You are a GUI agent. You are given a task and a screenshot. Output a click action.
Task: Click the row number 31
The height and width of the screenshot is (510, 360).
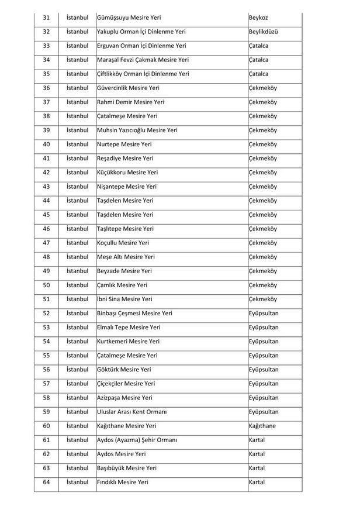(47, 18)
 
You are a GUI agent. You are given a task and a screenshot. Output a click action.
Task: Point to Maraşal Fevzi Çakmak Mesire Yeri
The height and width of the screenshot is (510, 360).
(143, 60)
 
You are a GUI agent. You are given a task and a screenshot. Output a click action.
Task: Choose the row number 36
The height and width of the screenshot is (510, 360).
(47, 88)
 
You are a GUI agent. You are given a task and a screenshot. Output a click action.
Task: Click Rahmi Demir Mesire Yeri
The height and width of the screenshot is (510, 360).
(130, 102)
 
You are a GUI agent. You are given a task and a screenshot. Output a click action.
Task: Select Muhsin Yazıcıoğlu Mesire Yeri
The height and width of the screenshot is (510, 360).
(137, 130)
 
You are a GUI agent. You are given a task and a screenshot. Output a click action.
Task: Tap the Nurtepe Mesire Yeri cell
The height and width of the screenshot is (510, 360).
(124, 144)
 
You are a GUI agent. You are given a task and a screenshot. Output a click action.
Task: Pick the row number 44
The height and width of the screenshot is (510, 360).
(47, 201)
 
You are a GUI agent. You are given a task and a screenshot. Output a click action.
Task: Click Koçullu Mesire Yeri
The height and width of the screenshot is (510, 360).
(123, 243)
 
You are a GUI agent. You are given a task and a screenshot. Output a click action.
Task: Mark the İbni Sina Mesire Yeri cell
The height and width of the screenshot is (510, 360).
(124, 299)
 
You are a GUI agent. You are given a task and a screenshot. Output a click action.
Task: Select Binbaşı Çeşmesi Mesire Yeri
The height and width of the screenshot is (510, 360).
(134, 313)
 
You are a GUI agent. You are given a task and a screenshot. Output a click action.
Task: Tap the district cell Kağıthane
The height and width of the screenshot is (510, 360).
(262, 426)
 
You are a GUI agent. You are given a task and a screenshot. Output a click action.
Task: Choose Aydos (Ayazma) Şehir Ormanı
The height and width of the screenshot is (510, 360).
(137, 440)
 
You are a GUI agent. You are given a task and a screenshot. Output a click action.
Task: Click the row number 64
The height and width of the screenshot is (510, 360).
(47, 482)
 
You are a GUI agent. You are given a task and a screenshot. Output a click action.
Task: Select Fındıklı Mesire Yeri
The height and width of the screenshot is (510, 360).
(123, 482)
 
